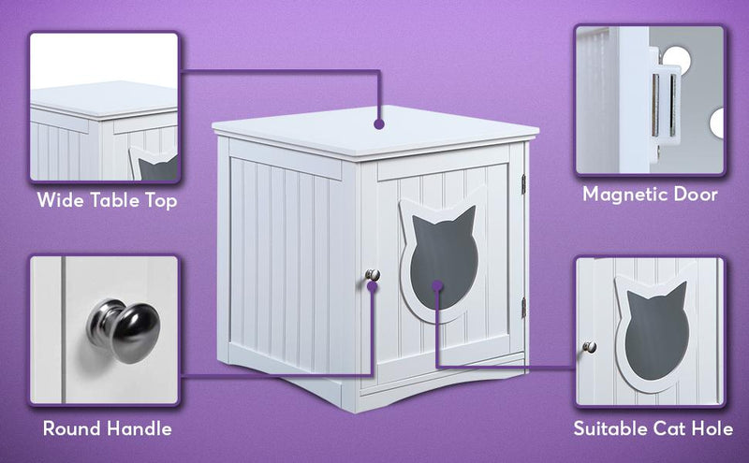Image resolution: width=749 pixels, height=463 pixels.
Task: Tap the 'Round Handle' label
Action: click(107, 429)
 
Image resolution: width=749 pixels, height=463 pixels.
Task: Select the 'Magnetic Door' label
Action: click(650, 195)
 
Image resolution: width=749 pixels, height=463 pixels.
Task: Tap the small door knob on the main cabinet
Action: click(373, 274)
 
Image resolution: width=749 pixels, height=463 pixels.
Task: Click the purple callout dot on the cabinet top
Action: click(378, 122)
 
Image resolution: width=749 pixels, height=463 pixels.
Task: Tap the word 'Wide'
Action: click(59, 200)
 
